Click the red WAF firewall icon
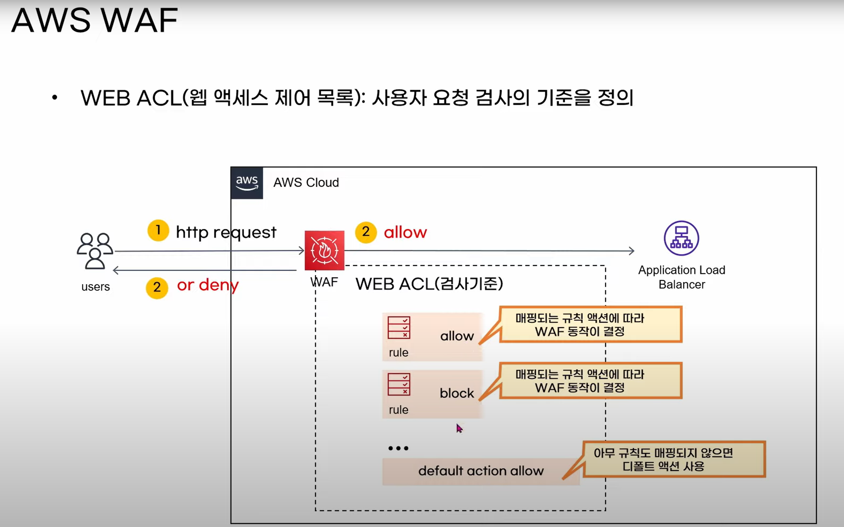[324, 250]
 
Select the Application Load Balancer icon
[681, 238]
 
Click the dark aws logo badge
[247, 183]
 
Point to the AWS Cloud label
[306, 183]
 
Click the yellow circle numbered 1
[158, 230]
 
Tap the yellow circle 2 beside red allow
[366, 232]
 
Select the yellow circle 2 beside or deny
[157, 287]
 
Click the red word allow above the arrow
[405, 232]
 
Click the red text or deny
[208, 286]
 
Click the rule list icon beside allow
[399, 328]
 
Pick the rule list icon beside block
[399, 384]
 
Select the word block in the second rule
[457, 393]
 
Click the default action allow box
[481, 471]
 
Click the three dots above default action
[398, 448]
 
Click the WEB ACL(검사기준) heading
[429, 284]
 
